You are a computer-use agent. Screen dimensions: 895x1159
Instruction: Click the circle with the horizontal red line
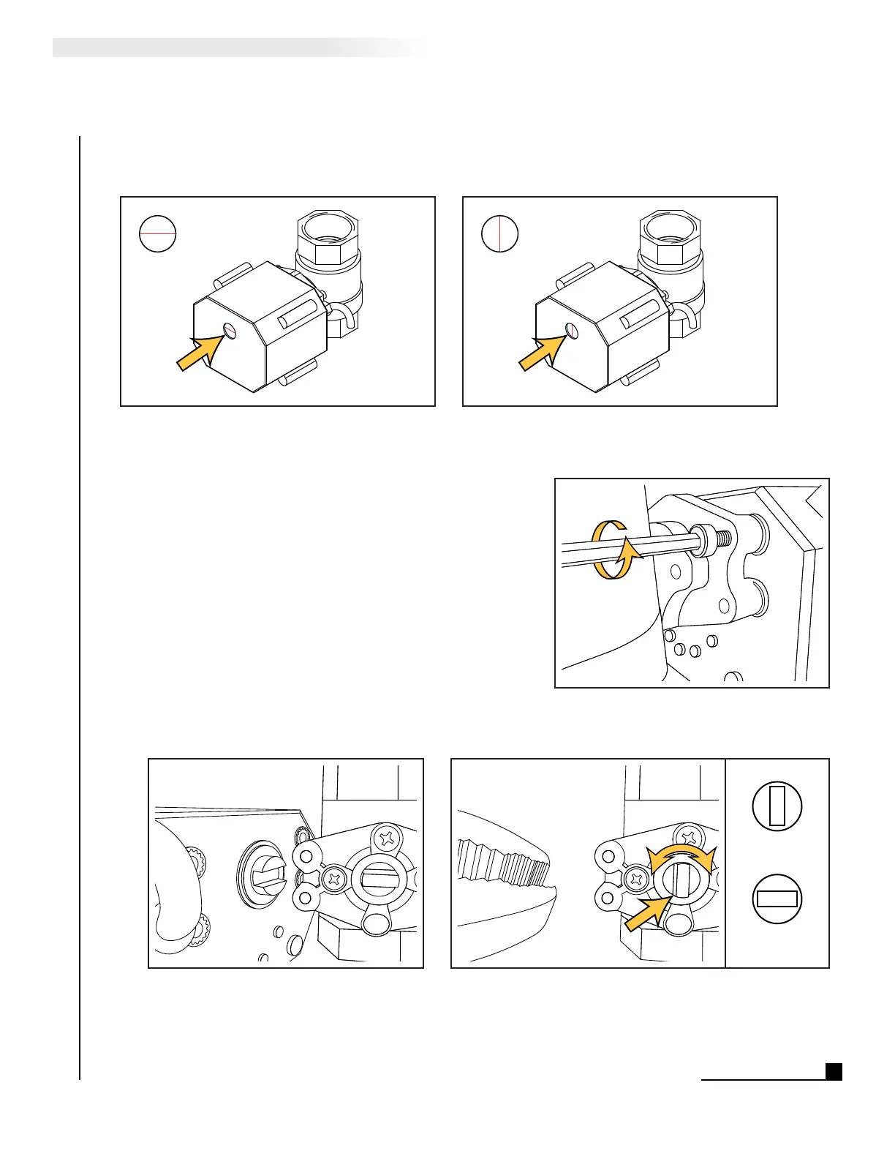pyautogui.click(x=157, y=233)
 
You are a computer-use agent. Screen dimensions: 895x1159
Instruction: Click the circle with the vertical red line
pyautogui.click(x=499, y=234)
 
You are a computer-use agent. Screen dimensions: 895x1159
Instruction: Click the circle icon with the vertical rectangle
pyautogui.click(x=777, y=806)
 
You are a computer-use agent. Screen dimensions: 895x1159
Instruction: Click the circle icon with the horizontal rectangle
pyautogui.click(x=777, y=899)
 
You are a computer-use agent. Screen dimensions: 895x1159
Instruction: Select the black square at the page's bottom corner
pyautogui.click(x=834, y=1071)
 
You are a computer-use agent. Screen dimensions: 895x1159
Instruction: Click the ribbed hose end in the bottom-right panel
pyautogui.click(x=505, y=864)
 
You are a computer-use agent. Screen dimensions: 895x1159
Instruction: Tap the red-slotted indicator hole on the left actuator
pyautogui.click(x=230, y=331)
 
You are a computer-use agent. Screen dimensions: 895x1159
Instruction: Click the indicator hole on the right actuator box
pyautogui.click(x=573, y=331)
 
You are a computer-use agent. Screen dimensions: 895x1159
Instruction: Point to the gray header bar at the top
pyautogui.click(x=234, y=48)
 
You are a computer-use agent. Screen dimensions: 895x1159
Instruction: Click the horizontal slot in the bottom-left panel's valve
pyautogui.click(x=379, y=877)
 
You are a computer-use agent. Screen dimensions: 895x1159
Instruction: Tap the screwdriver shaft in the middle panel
pyautogui.click(x=643, y=549)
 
